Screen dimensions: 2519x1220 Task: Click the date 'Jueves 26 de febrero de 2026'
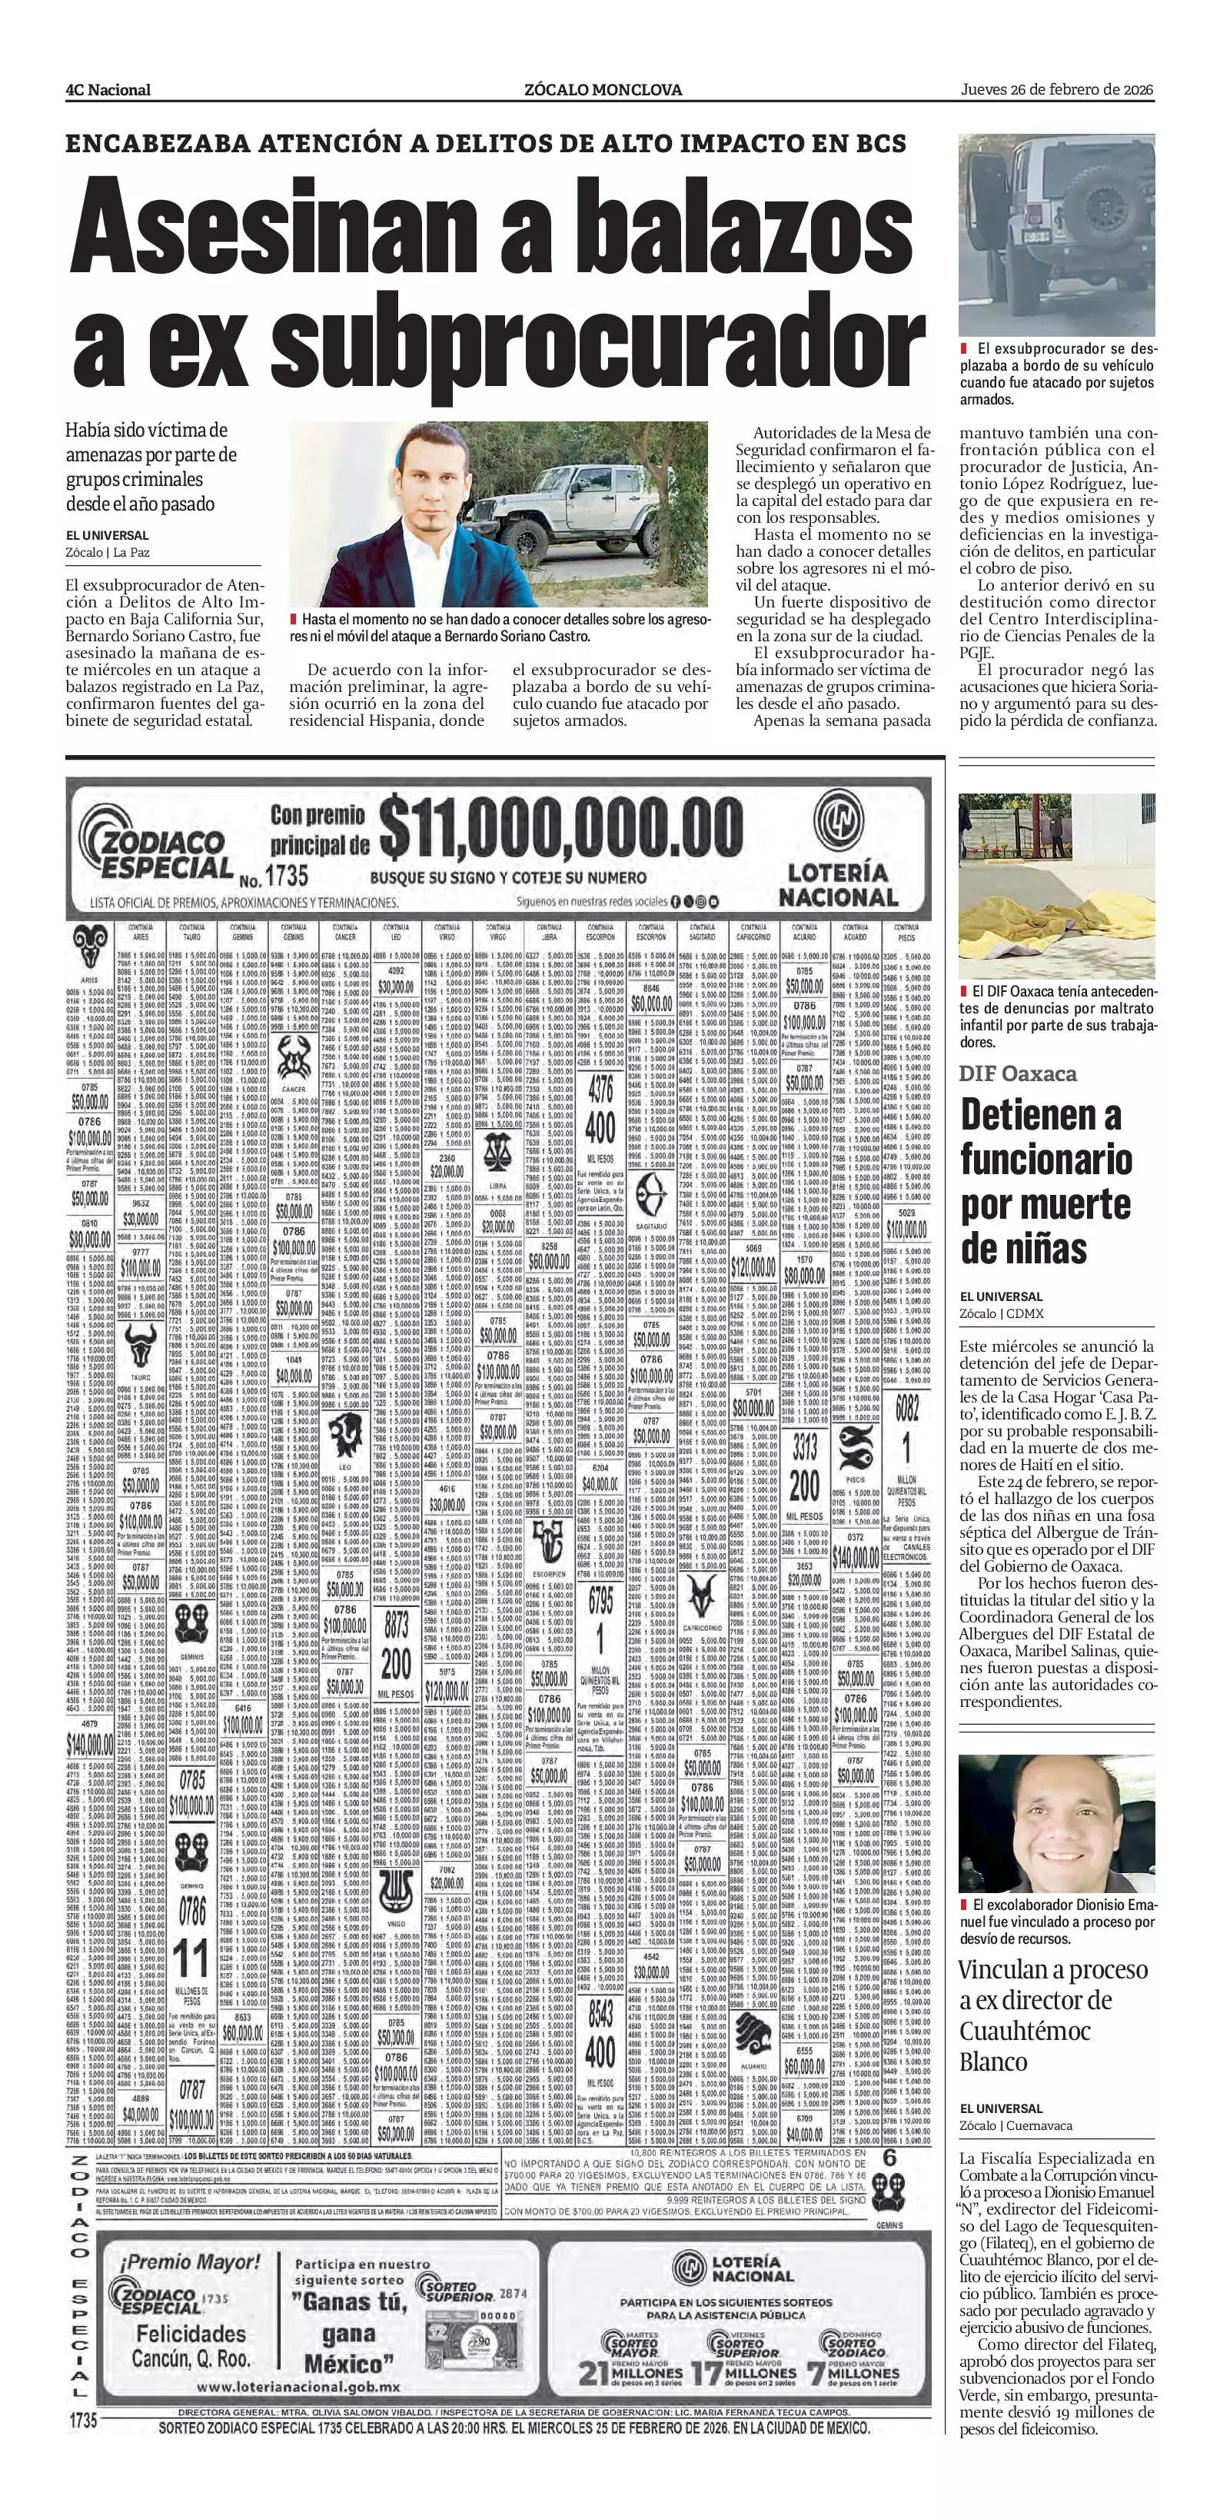point(1057,89)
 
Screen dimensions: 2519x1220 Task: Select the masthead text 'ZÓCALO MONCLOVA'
point(603,90)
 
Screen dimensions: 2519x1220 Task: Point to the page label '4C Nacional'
point(108,90)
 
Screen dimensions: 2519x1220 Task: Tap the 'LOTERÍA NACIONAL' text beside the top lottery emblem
point(838,885)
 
